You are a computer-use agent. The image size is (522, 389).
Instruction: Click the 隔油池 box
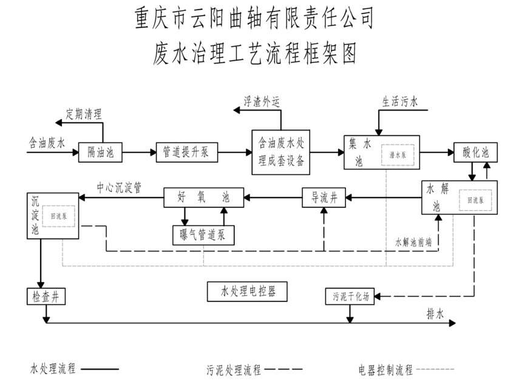click(x=101, y=152)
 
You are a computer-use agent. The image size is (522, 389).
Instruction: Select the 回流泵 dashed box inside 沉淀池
click(x=63, y=215)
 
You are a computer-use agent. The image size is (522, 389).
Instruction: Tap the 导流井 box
click(x=324, y=198)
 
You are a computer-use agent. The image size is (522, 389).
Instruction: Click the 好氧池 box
click(x=203, y=197)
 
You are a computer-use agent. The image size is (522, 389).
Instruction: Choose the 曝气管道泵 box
click(x=203, y=235)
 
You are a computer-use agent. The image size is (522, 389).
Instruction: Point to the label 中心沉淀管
click(x=120, y=188)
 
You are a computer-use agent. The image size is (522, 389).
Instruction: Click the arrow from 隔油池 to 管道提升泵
click(x=138, y=152)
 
